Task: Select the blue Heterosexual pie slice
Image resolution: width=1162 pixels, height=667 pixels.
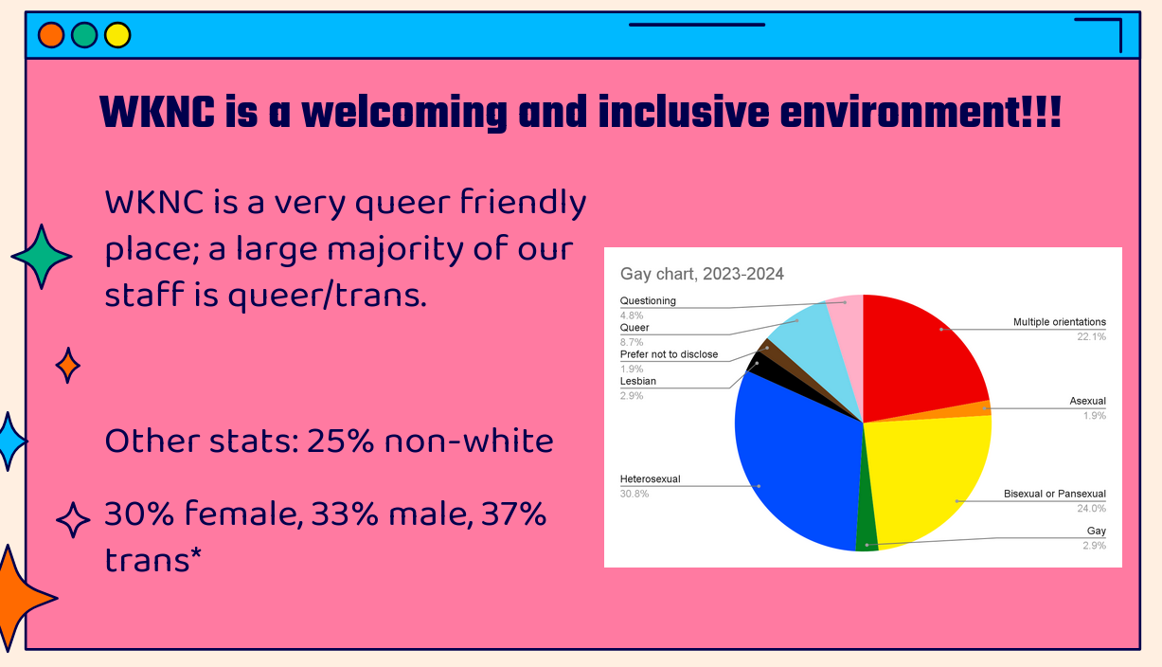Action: pyautogui.click(x=794, y=462)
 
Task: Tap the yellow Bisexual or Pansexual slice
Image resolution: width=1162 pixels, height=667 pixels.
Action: pyautogui.click(x=929, y=478)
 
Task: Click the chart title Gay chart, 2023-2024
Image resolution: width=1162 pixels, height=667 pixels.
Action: pyautogui.click(x=702, y=274)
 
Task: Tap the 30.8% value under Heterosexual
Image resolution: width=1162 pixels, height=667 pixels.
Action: pyautogui.click(x=635, y=494)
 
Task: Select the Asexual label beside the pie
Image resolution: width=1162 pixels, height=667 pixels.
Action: pyautogui.click(x=1087, y=401)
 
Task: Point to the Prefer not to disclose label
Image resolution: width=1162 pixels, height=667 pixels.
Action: pyautogui.click(x=670, y=354)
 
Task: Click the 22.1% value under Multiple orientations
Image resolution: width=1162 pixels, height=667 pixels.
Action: pyautogui.click(x=1092, y=337)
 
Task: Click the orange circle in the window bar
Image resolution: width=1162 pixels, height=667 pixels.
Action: pyautogui.click(x=51, y=35)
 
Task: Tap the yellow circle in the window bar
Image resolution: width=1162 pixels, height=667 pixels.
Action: pyautogui.click(x=117, y=35)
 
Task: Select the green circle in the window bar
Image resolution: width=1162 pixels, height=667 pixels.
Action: pyautogui.click(x=84, y=35)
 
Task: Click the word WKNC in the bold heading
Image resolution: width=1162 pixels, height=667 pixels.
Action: pyautogui.click(x=157, y=112)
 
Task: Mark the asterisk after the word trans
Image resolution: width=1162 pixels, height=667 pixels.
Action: pyautogui.click(x=196, y=554)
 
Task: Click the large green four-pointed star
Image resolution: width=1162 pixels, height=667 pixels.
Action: pyautogui.click(x=42, y=257)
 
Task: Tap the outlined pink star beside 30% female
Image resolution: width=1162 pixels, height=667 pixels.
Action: pyautogui.click(x=73, y=519)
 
